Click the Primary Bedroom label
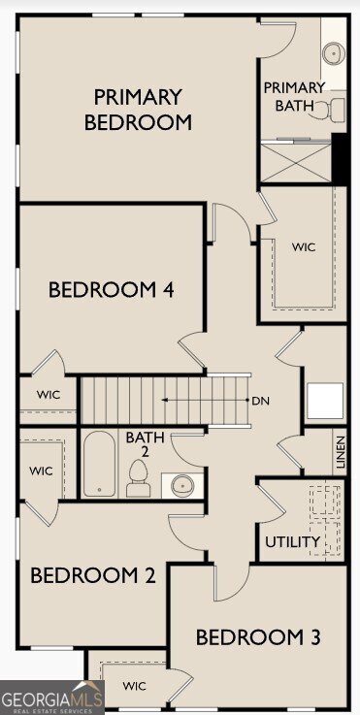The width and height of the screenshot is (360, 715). pyautogui.click(x=138, y=110)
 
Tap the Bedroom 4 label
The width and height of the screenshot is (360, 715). pyautogui.click(x=112, y=290)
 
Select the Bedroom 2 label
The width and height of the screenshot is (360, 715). pyautogui.click(x=93, y=575)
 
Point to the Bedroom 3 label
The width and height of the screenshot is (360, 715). pyautogui.click(x=258, y=637)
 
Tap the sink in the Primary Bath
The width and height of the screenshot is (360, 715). pyautogui.click(x=334, y=53)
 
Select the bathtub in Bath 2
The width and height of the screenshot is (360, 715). pyautogui.click(x=100, y=464)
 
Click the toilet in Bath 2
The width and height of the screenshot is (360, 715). pyautogui.click(x=138, y=478)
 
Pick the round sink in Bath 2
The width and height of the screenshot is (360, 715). pyautogui.click(x=181, y=485)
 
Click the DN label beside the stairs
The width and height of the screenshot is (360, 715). pyautogui.click(x=260, y=402)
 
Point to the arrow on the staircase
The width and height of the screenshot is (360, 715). pyautogui.click(x=206, y=401)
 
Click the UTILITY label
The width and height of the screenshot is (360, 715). pyautogui.click(x=292, y=542)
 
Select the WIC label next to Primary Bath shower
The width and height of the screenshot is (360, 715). pyautogui.click(x=304, y=247)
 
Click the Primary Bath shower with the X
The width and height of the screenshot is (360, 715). pyautogui.click(x=296, y=163)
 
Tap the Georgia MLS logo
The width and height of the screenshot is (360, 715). pyautogui.click(x=52, y=698)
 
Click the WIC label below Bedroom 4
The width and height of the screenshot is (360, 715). pyautogui.click(x=49, y=395)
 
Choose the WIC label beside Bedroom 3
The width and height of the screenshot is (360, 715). pyautogui.click(x=134, y=686)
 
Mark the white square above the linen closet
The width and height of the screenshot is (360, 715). pyautogui.click(x=325, y=401)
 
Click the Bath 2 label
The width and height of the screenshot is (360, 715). pyautogui.click(x=145, y=444)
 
